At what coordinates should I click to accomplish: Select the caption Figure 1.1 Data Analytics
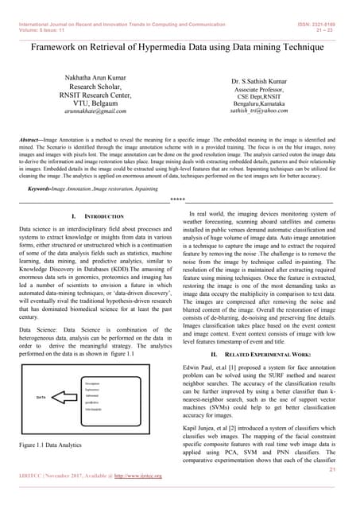[x=56, y=445]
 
